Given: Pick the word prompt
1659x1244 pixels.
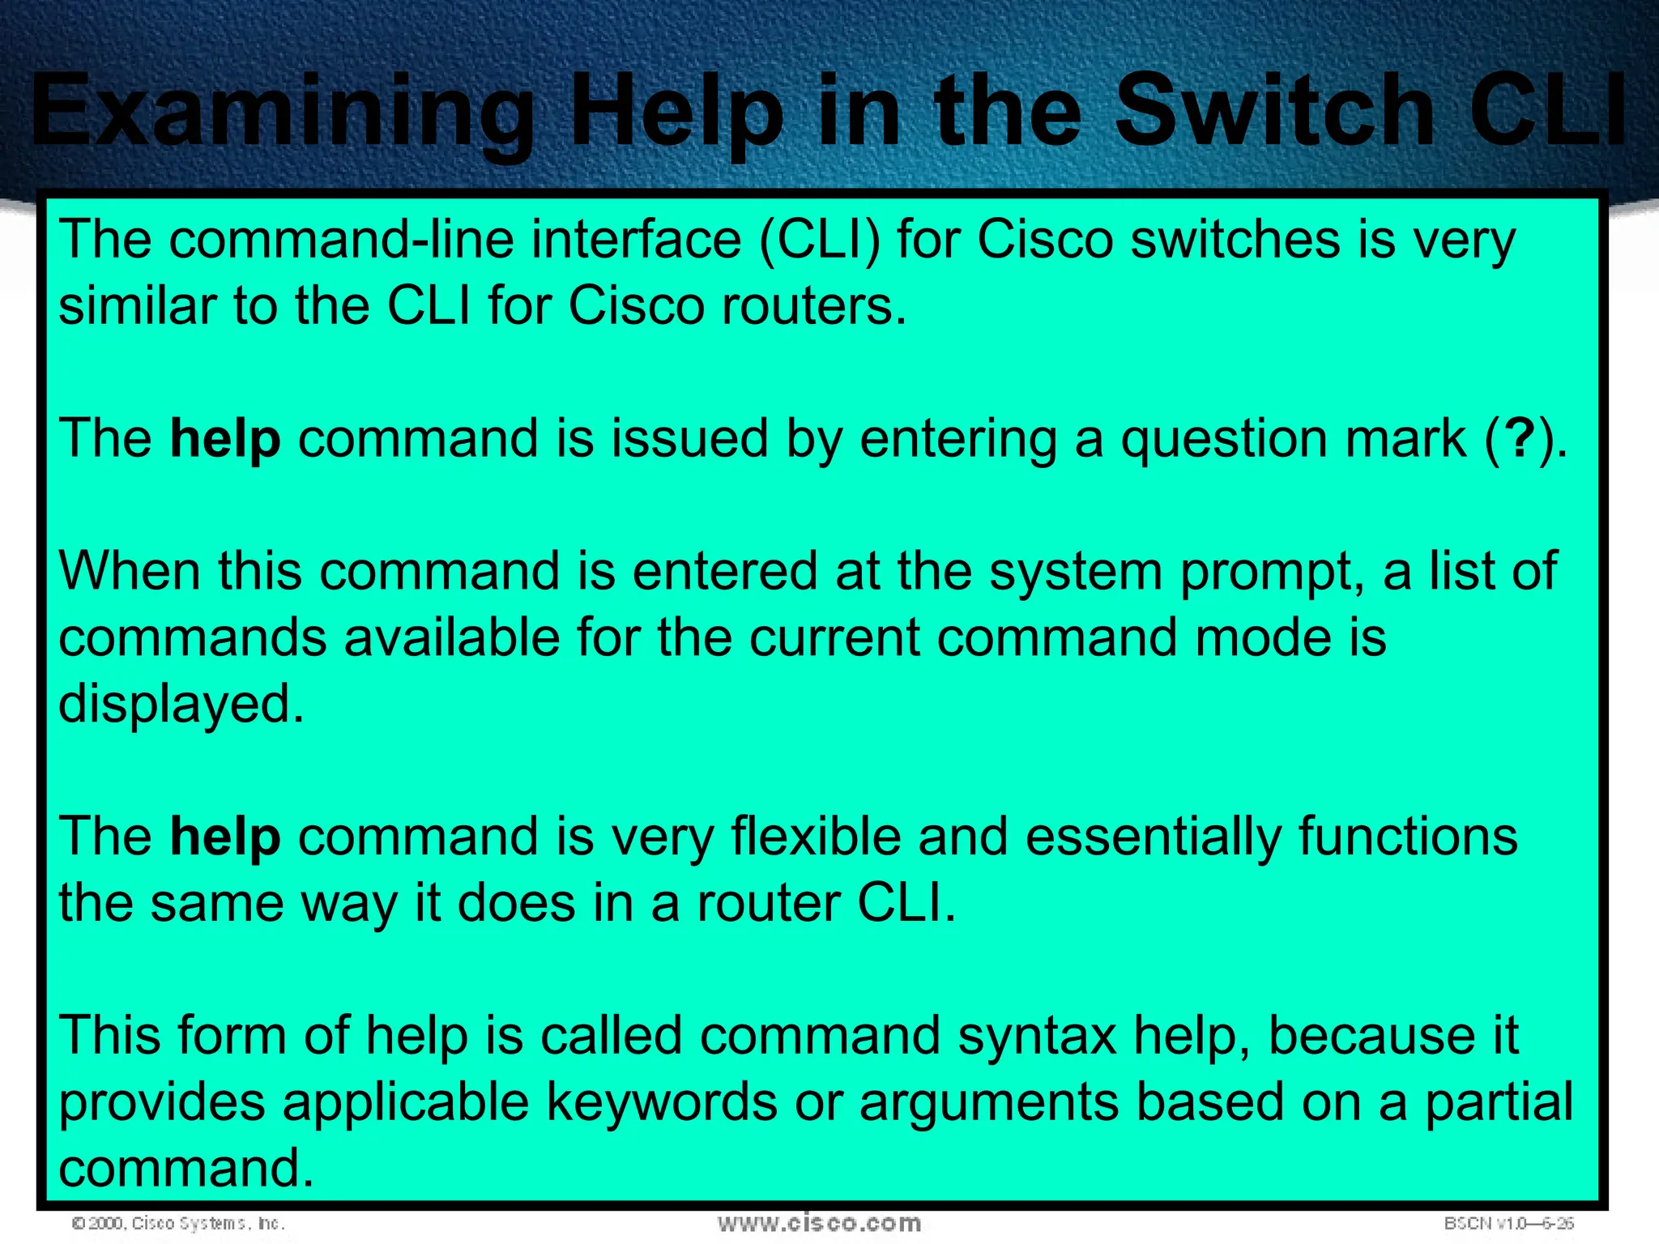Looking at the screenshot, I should [1272, 572].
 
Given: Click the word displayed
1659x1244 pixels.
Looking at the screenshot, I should [181, 703].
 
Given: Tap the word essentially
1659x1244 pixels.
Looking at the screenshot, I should [1154, 836].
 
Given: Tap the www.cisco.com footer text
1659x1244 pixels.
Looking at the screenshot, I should [819, 1222].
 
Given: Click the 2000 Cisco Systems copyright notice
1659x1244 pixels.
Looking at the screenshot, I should [178, 1223].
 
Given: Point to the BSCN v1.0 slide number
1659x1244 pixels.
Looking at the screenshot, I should [1508, 1223].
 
